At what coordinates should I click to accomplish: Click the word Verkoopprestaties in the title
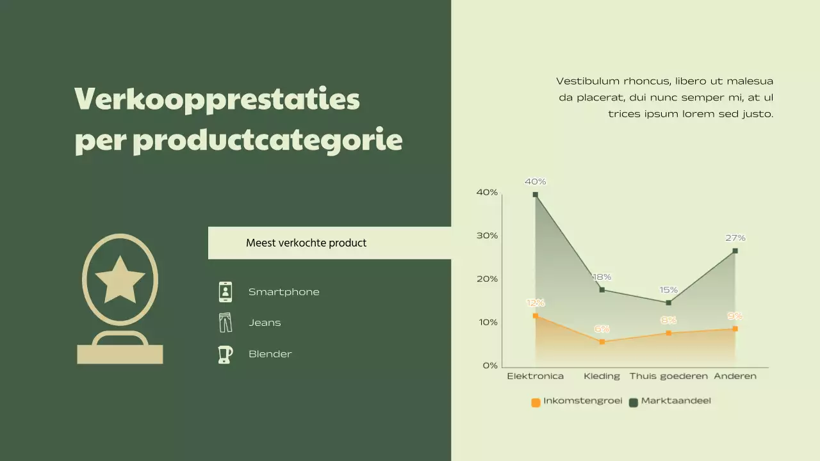pos(217,99)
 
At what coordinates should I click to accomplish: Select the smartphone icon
pos(225,292)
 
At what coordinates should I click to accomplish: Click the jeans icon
pos(225,323)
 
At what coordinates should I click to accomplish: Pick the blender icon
pos(225,354)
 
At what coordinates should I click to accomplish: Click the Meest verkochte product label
pos(306,243)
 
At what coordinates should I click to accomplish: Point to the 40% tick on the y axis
pos(487,192)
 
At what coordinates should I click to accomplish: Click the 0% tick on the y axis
pos(489,366)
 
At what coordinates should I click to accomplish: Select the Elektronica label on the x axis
pos(535,376)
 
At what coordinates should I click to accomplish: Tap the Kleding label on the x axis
pos(602,376)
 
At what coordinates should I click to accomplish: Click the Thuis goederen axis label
pos(668,376)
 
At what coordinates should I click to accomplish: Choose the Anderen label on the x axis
pos(735,376)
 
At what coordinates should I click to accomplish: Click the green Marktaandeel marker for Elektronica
pos(536,195)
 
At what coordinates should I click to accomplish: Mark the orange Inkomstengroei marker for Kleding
pos(602,342)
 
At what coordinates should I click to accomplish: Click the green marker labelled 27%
pos(735,251)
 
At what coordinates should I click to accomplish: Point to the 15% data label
pos(668,290)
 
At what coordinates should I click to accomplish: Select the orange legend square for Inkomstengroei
pos(536,403)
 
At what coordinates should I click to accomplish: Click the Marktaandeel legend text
pos(676,401)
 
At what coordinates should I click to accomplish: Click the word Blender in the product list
pos(270,354)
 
